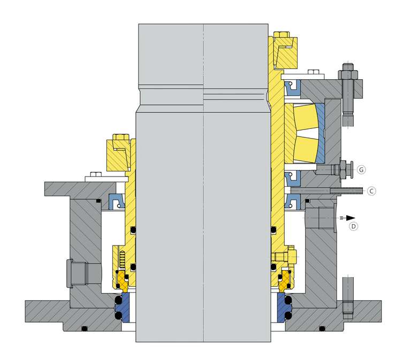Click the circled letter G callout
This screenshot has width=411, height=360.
[x=361, y=170]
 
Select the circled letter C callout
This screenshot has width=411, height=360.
[x=371, y=192]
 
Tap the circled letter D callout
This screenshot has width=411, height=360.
[x=354, y=226]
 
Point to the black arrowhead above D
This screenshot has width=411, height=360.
[x=351, y=218]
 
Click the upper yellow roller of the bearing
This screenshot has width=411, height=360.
[x=306, y=117]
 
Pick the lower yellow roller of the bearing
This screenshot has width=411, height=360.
[x=306, y=149]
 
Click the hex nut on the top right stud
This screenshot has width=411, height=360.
[x=348, y=75]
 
